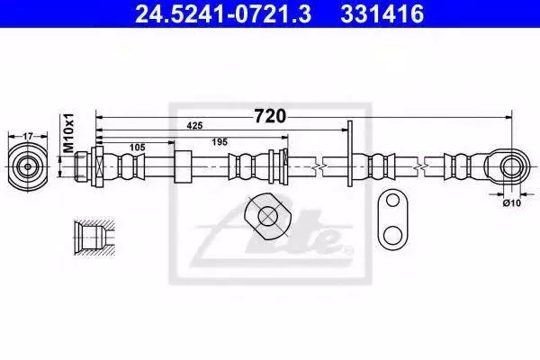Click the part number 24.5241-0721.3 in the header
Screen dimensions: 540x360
pyautogui.click(x=223, y=13)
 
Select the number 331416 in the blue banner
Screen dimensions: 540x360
pyautogui.click(x=382, y=13)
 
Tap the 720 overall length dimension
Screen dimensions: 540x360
pyautogui.click(x=270, y=116)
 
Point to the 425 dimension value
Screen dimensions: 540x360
pyautogui.click(x=194, y=126)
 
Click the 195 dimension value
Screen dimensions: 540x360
pyautogui.click(x=220, y=141)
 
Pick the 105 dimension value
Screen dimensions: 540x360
pyautogui.click(x=137, y=148)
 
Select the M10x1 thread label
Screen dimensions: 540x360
pyautogui.click(x=69, y=132)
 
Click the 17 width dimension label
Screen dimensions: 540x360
pyautogui.click(x=28, y=137)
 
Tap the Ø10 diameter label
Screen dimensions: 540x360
pyautogui.click(x=512, y=203)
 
